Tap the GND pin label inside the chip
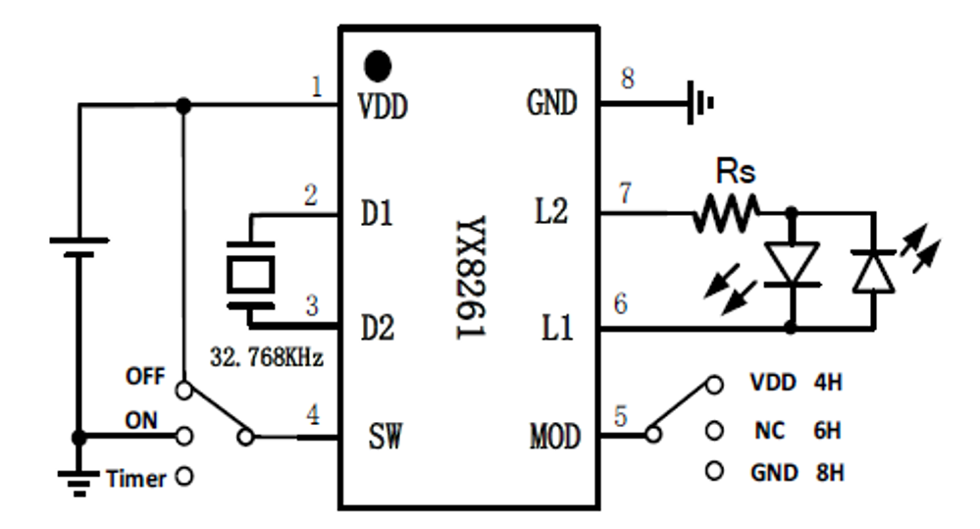click(551, 102)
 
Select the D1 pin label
click(377, 214)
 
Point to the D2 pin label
click(377, 327)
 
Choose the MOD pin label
click(554, 436)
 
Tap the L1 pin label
click(555, 327)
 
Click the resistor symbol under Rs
click(726, 212)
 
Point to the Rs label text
click(736, 173)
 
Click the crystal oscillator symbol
click(251, 275)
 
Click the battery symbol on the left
click(78, 246)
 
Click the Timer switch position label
click(136, 479)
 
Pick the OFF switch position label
click(143, 375)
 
